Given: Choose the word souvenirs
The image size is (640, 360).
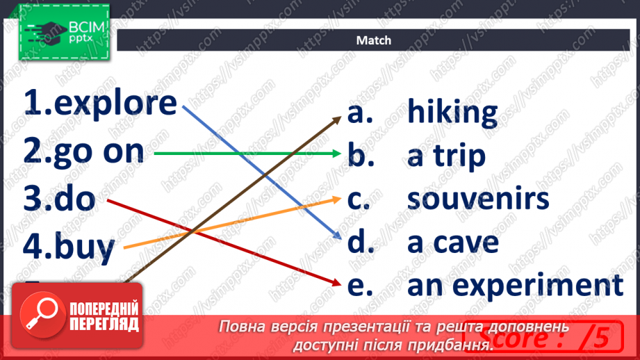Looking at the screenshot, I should point(477,199).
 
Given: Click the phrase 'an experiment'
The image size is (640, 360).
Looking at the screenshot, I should point(515,285).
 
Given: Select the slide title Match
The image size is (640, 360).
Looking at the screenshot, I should point(374,40).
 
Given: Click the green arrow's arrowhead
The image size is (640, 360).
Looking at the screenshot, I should point(337,153).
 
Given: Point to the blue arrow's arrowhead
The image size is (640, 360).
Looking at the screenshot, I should point(337,236).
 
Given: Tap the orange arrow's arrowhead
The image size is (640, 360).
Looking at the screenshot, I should point(336,197).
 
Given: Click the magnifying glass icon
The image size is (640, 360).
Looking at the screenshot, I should point(40,315).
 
